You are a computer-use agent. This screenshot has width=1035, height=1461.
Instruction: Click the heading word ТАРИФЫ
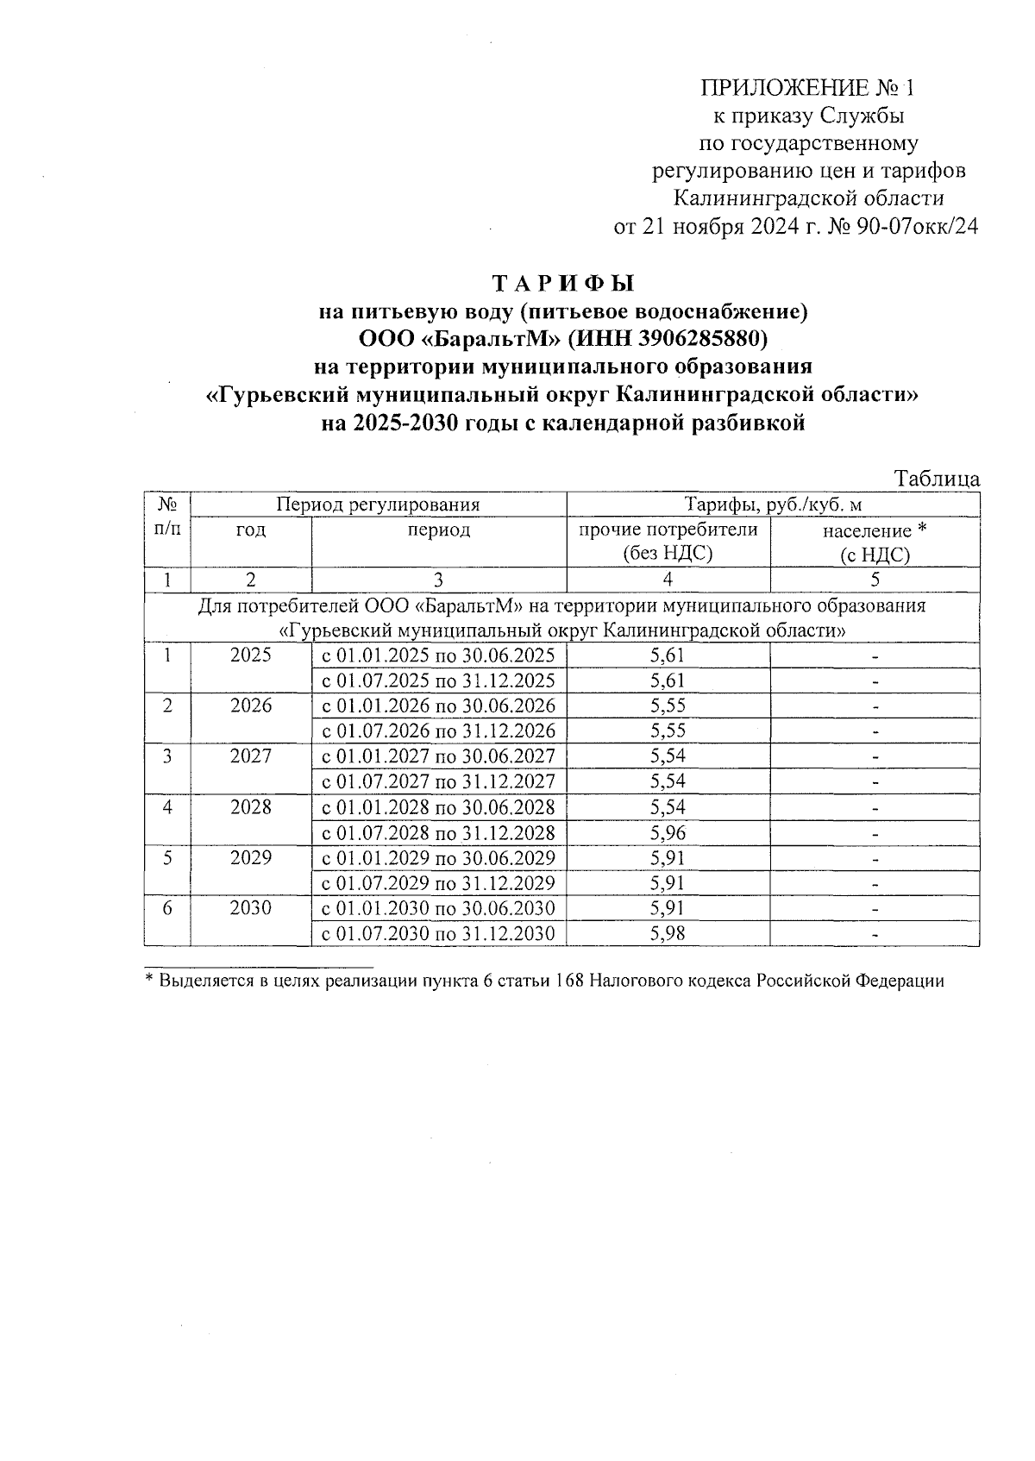[562, 282]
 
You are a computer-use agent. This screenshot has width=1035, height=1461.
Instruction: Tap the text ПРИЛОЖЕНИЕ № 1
[806, 88]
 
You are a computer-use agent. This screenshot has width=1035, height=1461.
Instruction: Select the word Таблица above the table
[937, 479]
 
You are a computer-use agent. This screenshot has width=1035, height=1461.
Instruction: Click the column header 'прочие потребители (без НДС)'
[668, 542]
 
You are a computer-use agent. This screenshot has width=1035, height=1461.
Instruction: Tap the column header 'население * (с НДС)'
[875, 542]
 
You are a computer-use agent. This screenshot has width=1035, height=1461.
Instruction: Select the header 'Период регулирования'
[378, 505]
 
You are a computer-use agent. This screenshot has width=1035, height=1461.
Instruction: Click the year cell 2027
[251, 756]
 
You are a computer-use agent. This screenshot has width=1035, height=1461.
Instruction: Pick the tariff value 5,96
[668, 833]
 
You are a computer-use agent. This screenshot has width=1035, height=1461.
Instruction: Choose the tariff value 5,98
[668, 934]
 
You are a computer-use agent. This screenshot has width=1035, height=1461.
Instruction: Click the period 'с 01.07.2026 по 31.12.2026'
[438, 731]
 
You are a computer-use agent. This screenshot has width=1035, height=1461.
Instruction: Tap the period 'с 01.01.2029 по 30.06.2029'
[438, 858]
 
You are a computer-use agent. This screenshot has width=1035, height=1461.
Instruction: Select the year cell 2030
[251, 908]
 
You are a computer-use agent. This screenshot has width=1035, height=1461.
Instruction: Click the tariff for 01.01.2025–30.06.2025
[668, 655]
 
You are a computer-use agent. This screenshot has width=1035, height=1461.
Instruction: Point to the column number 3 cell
[438, 580]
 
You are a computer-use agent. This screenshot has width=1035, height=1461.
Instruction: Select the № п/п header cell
[167, 517]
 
